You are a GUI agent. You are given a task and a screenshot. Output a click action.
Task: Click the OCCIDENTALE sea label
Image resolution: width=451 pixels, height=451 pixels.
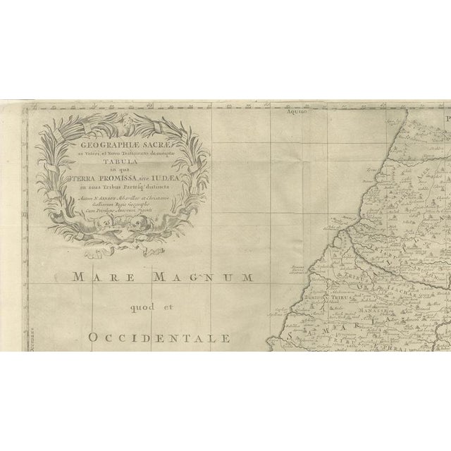point(159,338)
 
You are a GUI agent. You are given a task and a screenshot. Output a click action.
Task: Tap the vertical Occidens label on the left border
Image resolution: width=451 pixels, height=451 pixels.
point(29,338)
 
